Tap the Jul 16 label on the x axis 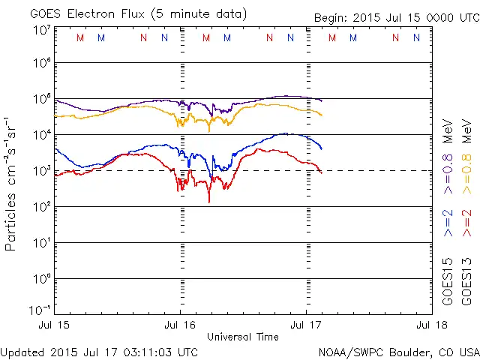click(x=180, y=325)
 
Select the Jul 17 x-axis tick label click(x=306, y=325)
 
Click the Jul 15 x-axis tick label click(x=54, y=325)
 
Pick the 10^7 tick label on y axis click(x=40, y=30)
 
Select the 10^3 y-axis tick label click(x=40, y=170)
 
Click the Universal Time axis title click(x=242, y=337)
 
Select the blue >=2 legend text click(x=448, y=223)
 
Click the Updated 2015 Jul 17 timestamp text click(x=100, y=352)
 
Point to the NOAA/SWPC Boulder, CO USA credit click(x=398, y=352)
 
